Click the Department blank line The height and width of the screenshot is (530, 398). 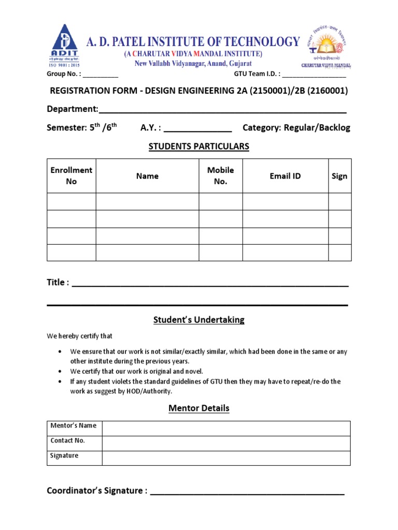[x=222, y=111]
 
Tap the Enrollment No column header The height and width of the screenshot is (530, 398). [x=71, y=176]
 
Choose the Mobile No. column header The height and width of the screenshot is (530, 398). [x=220, y=176]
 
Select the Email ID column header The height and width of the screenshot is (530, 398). [x=285, y=176]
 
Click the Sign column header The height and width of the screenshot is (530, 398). [x=339, y=176]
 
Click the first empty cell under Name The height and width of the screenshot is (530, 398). [x=147, y=201]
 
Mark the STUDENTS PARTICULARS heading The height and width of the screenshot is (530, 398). [x=199, y=146]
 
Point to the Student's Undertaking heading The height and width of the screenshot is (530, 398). [x=199, y=320]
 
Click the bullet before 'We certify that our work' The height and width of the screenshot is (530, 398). [x=61, y=372]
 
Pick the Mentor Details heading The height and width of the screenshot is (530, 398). [x=199, y=408]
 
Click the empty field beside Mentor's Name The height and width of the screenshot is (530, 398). [x=226, y=429]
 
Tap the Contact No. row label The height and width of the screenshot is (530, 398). [x=67, y=441]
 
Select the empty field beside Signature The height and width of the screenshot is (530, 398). [x=226, y=458]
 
